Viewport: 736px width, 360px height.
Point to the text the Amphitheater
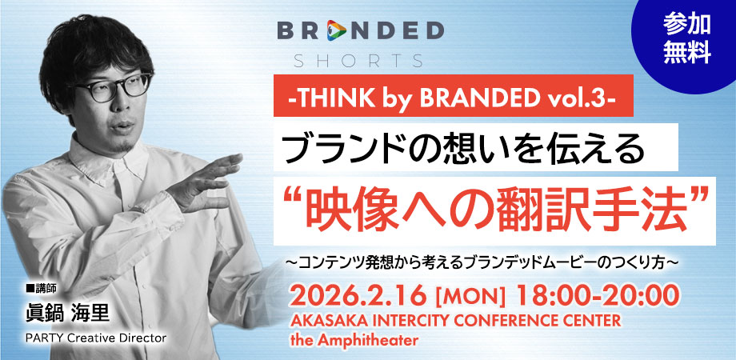[x=354, y=340]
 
